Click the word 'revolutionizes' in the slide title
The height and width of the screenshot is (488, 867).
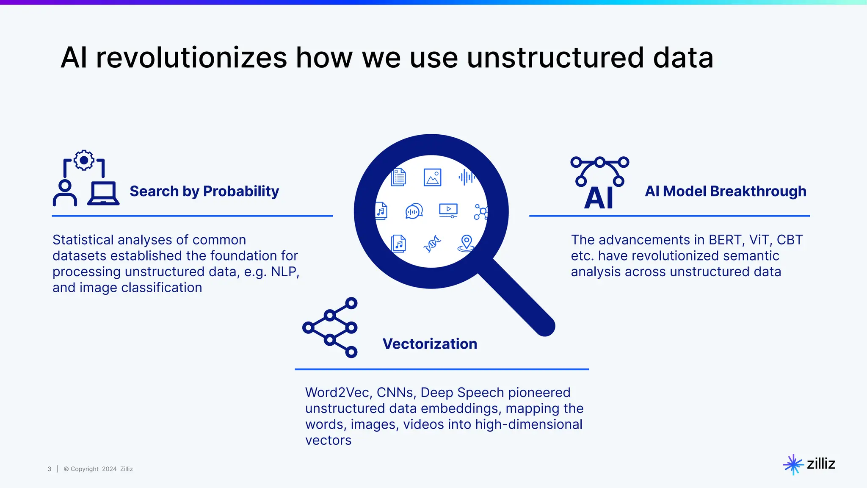pyautogui.click(x=191, y=58)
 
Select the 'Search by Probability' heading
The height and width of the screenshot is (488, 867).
pyautogui.click(x=204, y=191)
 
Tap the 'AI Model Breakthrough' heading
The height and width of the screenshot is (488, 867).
pyautogui.click(x=725, y=191)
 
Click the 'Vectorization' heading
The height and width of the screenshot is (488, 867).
pyautogui.click(x=430, y=344)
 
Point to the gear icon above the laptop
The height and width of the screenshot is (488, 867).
pyautogui.click(x=84, y=160)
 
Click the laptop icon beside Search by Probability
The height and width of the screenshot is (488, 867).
pyautogui.click(x=103, y=194)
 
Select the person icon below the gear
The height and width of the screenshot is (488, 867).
pyautogui.click(x=65, y=193)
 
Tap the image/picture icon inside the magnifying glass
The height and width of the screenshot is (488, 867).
pyautogui.click(x=432, y=177)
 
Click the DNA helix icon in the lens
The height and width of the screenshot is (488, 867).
pyautogui.click(x=432, y=244)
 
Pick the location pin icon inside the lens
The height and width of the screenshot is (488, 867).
pyautogui.click(x=466, y=243)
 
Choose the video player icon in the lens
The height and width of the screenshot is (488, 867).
pyautogui.click(x=448, y=210)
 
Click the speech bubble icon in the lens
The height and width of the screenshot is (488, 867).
pyautogui.click(x=414, y=211)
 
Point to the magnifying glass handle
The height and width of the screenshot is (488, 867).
pyautogui.click(x=519, y=299)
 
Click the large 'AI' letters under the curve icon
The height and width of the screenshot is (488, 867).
pyautogui.click(x=599, y=198)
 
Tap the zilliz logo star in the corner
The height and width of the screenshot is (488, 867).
pyautogui.click(x=792, y=464)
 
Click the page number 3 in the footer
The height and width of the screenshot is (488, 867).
pyautogui.click(x=50, y=469)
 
